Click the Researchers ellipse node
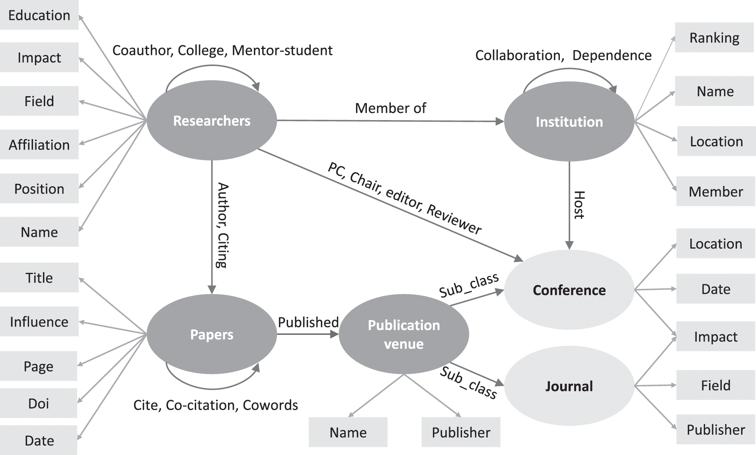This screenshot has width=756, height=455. click(212, 121)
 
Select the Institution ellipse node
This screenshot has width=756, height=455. click(569, 122)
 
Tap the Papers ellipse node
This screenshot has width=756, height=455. click(212, 334)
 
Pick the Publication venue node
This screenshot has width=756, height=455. click(403, 334)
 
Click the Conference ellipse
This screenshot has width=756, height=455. click(569, 290)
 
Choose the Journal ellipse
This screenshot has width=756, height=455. click(569, 386)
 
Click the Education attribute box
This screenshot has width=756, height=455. click(39, 15)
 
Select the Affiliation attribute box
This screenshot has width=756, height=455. click(39, 145)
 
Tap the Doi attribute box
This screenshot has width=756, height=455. click(39, 403)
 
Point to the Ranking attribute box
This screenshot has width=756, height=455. click(714, 38)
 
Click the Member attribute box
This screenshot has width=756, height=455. click(715, 192)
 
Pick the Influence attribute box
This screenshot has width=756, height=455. click(39, 321)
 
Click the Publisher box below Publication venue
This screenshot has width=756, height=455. click(461, 432)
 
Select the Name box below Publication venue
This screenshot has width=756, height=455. click(348, 432)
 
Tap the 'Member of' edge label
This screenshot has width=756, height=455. click(390, 108)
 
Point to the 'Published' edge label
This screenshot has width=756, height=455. click(308, 322)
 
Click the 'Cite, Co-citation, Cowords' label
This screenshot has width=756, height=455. click(215, 405)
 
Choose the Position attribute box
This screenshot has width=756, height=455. click(39, 189)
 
